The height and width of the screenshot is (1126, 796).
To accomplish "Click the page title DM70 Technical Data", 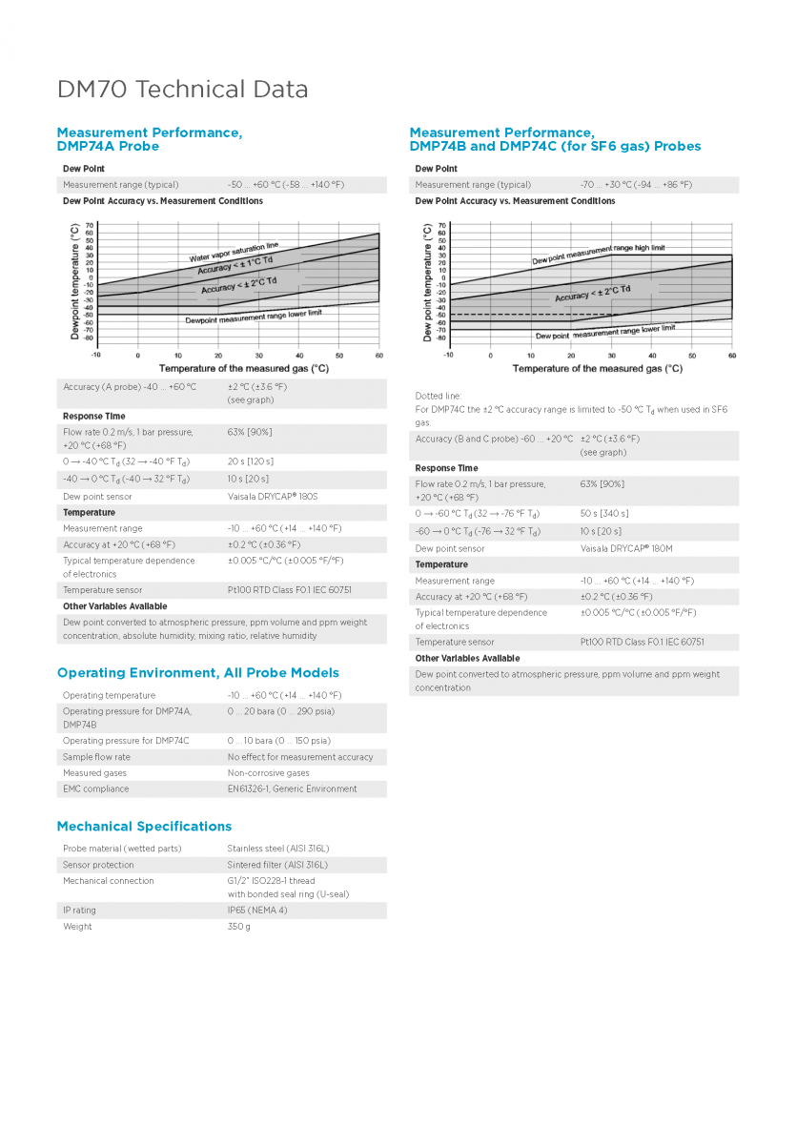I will click(183, 90).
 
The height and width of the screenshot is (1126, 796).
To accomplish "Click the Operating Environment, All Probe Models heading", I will click(197, 673).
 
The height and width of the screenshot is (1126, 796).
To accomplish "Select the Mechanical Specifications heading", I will click(144, 826).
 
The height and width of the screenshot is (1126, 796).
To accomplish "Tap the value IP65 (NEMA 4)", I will click(257, 911).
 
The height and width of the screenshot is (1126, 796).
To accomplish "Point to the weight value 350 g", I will click(239, 927).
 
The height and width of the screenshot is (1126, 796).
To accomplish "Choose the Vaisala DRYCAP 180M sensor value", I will click(626, 549).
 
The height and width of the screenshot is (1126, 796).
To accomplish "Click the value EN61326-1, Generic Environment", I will click(292, 789).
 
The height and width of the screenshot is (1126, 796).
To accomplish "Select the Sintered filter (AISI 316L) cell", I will click(277, 865).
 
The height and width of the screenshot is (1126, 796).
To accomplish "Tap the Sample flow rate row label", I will click(96, 757).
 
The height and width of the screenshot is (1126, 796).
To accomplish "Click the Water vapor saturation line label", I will click(234, 252).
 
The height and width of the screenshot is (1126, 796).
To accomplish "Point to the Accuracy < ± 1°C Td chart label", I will click(235, 265).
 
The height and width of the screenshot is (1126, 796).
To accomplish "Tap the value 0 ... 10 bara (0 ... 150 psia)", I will click(278, 741).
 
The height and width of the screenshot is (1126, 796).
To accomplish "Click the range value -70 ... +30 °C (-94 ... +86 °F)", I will click(636, 185).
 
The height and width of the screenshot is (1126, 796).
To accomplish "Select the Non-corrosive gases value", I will click(268, 773).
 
